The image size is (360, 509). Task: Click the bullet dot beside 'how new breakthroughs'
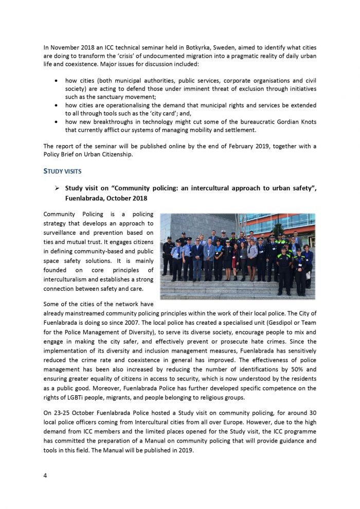tap(56, 122)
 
